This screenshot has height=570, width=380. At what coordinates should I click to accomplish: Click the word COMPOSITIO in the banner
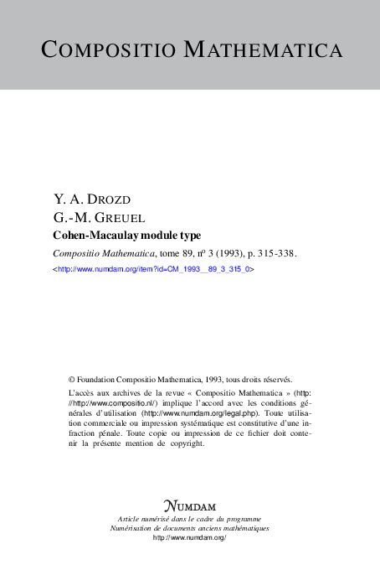(110, 49)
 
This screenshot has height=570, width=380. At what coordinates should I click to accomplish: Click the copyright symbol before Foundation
(72, 379)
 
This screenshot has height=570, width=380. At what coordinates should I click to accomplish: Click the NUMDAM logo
(190, 506)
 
